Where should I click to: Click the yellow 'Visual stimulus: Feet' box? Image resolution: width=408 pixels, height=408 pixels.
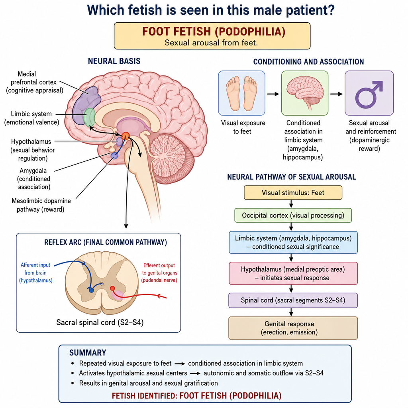(293, 192)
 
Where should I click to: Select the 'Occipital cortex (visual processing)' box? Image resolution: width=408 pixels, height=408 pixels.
(293, 215)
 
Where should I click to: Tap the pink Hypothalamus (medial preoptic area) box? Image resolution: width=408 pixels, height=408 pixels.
(293, 273)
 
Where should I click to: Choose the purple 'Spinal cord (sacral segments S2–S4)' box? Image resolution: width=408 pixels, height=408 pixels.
(293, 300)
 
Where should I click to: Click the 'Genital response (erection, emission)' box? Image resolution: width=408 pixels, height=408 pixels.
(293, 328)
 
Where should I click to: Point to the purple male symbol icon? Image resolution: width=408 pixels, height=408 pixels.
(369, 94)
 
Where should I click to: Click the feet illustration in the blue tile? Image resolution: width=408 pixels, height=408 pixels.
(241, 93)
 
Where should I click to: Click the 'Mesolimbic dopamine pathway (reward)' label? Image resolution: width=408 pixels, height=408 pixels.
(41, 205)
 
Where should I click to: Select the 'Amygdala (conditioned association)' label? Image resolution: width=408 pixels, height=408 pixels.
(34, 179)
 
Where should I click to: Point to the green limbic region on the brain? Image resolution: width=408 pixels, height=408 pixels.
(89, 118)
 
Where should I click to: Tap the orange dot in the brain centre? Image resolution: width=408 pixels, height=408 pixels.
(126, 135)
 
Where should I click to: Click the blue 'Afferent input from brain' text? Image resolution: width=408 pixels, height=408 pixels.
(35, 273)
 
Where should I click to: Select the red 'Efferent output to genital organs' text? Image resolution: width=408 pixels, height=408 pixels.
(159, 273)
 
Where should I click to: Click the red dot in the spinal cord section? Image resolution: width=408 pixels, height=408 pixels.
(112, 288)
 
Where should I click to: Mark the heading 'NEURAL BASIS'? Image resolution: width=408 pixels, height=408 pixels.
(114, 61)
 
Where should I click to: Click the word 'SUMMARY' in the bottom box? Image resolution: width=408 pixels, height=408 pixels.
(88, 353)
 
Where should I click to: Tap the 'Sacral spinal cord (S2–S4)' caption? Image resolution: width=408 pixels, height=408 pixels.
(100, 322)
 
